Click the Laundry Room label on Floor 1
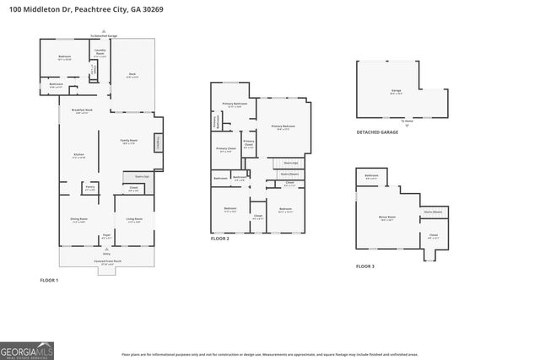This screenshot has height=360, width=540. click(100, 53)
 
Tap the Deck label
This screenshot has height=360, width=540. click(132, 75)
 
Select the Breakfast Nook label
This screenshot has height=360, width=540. click(82, 111)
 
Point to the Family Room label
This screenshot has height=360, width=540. click(128, 141)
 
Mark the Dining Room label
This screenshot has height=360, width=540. click(78, 221)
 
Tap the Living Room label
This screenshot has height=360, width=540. click(133, 219)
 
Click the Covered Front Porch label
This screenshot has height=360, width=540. click(106, 262)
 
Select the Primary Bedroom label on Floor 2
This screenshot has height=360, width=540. click(282, 127)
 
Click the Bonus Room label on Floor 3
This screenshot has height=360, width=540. click(387, 217)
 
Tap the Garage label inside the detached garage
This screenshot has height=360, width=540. click(396, 92)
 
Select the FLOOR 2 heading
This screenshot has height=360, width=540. click(220, 239)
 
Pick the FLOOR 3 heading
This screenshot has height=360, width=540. click(364, 266)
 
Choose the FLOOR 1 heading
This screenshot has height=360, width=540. click(49, 279)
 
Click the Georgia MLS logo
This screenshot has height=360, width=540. click(26, 347)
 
